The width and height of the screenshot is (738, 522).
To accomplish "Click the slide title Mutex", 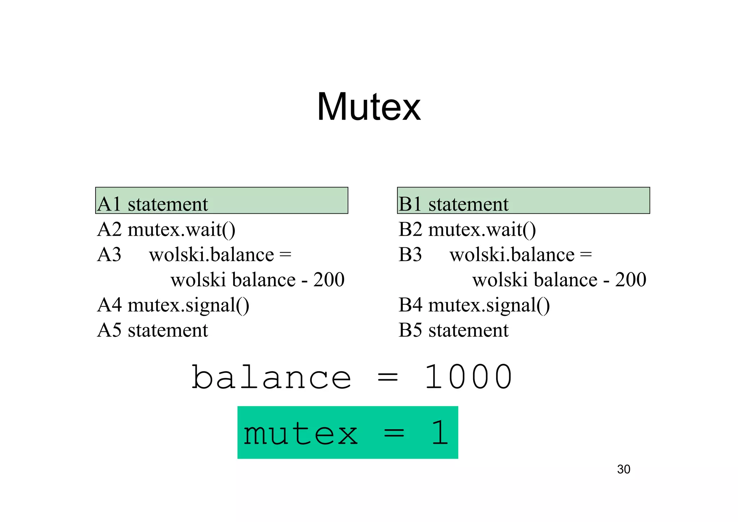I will point(369,107).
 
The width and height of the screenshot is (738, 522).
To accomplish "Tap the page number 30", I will point(623,469).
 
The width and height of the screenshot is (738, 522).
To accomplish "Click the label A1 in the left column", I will point(109,204).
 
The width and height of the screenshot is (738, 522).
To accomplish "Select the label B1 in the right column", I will point(410,204).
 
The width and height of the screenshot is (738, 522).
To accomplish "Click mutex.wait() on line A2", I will point(181,230).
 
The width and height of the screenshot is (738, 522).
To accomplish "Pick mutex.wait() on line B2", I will point(482,230).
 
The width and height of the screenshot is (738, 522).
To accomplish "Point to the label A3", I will point(109,255).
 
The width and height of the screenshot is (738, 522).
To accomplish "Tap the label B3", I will point(410,255).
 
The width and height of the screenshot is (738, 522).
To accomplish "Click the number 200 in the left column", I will point(329,280).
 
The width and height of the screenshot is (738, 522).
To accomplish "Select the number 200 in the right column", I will point(631,280).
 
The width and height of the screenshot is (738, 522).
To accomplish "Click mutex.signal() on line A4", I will point(188,305).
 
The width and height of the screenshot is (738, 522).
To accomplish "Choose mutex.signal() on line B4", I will point(489,305).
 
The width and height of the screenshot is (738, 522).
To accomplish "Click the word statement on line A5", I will point(168,330).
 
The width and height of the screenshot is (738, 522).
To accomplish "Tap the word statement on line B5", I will point(468,330).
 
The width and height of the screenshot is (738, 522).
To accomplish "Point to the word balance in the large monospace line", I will point(271,377).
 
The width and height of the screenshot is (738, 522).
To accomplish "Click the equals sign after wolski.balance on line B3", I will point(586,255).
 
